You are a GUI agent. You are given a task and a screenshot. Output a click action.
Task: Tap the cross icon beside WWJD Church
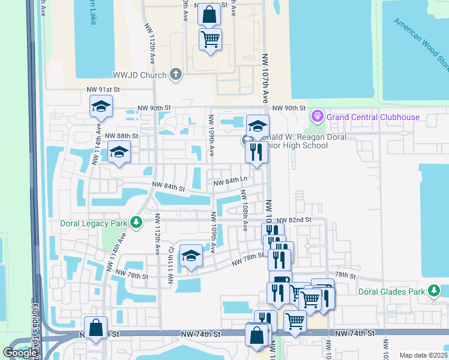coord(175,74)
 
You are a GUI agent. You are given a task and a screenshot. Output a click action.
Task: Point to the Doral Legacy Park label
coord(94,223)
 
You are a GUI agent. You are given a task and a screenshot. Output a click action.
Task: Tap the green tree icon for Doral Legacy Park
coord(136,223)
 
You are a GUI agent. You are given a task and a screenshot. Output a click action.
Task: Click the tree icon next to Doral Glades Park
coord(434,291)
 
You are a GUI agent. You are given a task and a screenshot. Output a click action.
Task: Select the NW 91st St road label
coord(103,89)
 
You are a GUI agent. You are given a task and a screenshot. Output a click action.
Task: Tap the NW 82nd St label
coord(294,220)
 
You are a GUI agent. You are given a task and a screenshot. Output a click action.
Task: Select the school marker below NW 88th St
coord(119,153)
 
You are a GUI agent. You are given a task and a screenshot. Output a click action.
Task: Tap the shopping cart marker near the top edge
coord(210,40)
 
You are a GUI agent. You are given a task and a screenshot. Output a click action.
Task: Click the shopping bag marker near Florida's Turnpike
coord(95,328)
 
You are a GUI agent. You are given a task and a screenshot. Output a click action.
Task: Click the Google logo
coord(20,353)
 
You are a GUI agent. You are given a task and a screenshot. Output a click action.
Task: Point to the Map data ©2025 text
coord(423,355)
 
